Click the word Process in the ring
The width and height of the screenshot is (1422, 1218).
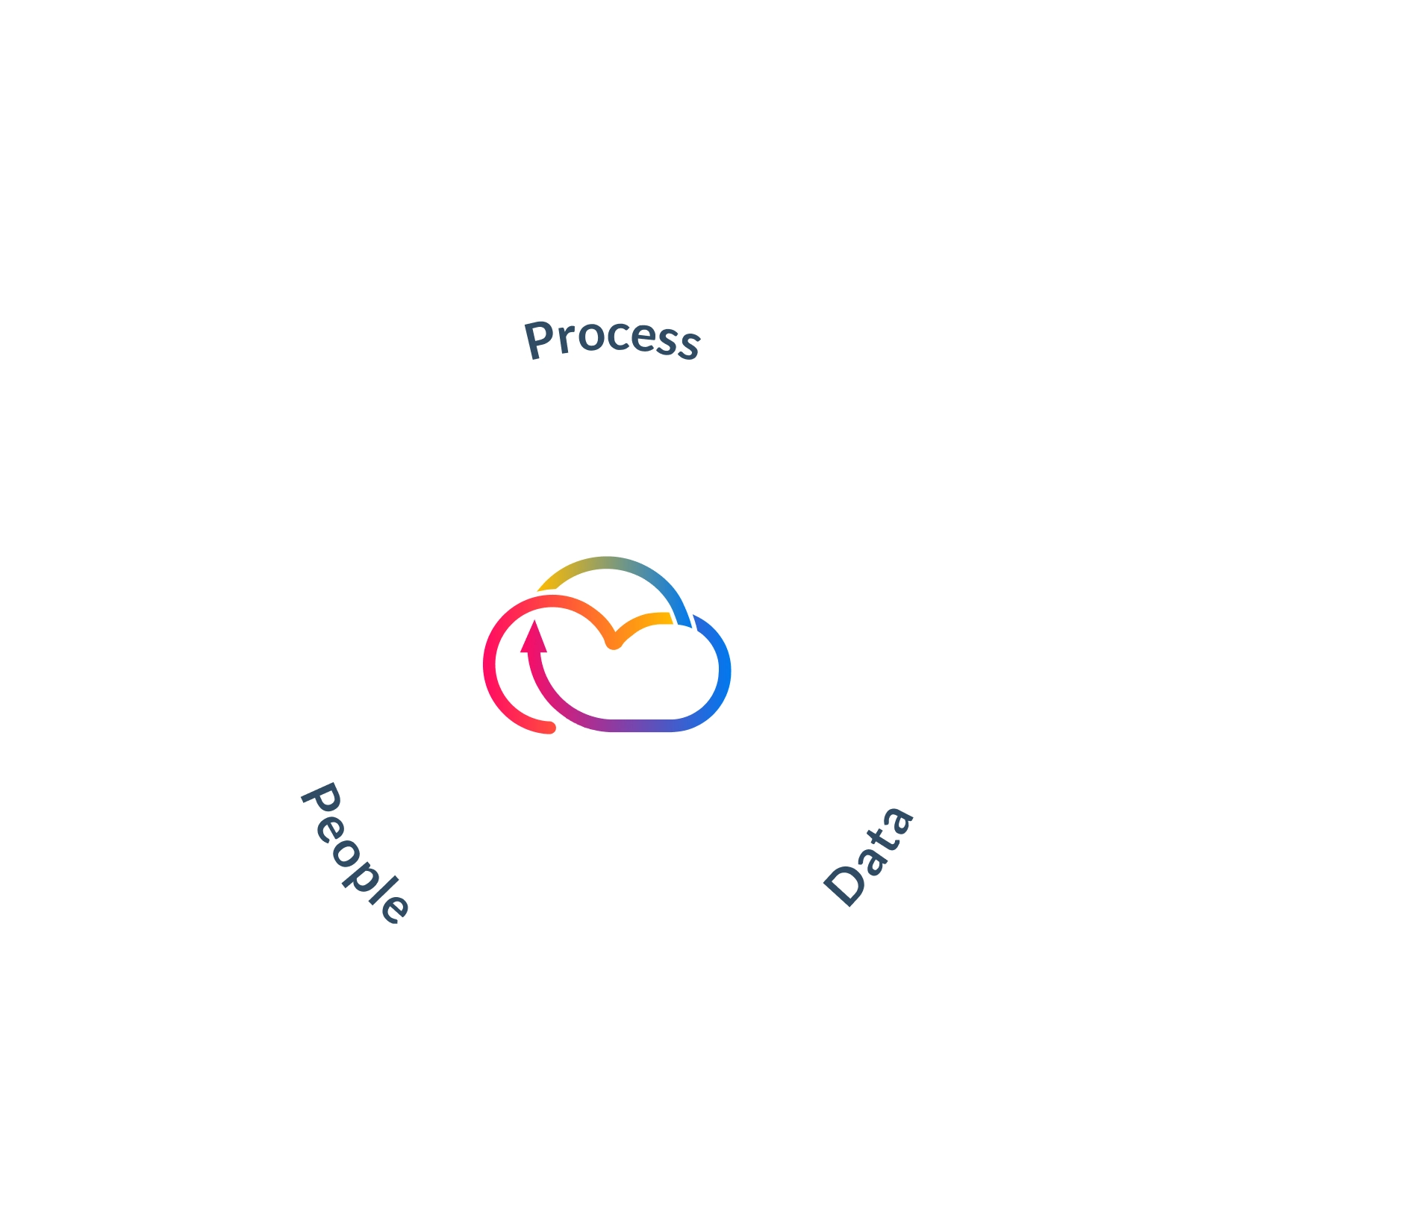612,340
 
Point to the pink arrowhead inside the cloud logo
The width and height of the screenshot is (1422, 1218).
533,638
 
